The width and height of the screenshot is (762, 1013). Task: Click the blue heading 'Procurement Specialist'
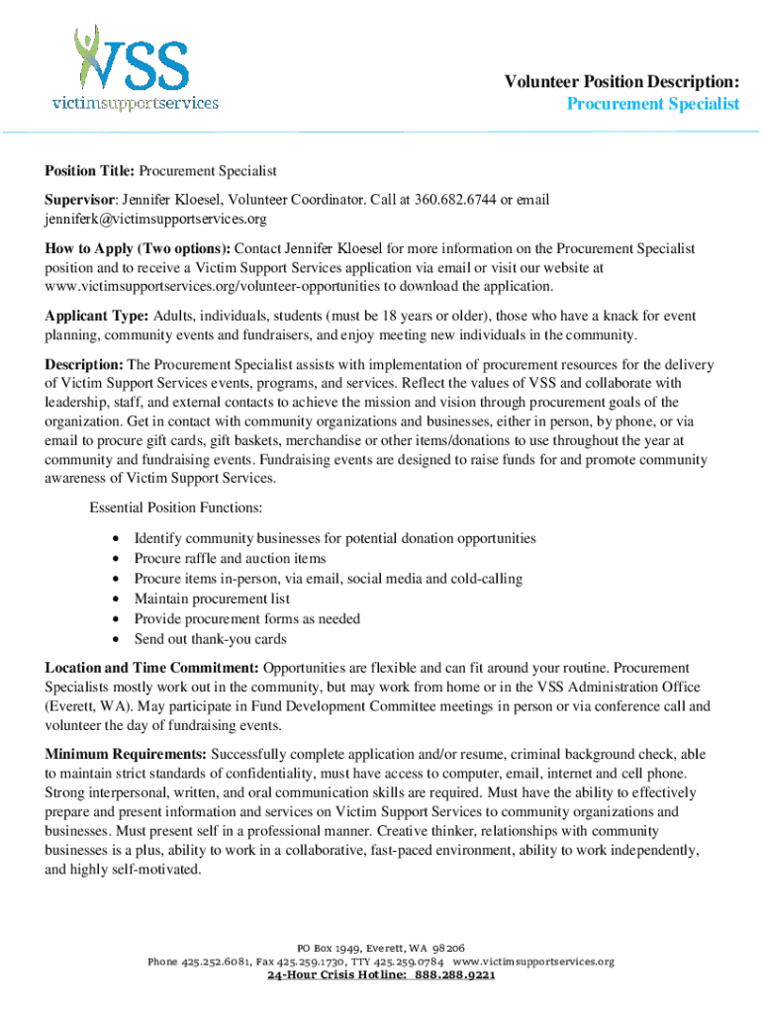(653, 104)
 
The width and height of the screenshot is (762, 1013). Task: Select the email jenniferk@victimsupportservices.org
(155, 219)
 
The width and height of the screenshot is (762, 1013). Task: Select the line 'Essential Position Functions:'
(176, 508)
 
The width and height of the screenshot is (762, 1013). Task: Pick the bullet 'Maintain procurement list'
(212, 599)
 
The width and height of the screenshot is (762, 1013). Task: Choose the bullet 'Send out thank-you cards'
(210, 638)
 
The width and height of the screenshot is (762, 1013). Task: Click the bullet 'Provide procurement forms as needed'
(246, 618)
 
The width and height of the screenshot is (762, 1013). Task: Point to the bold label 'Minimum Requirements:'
(126, 754)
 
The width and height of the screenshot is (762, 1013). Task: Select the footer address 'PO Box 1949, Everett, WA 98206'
(381, 947)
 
